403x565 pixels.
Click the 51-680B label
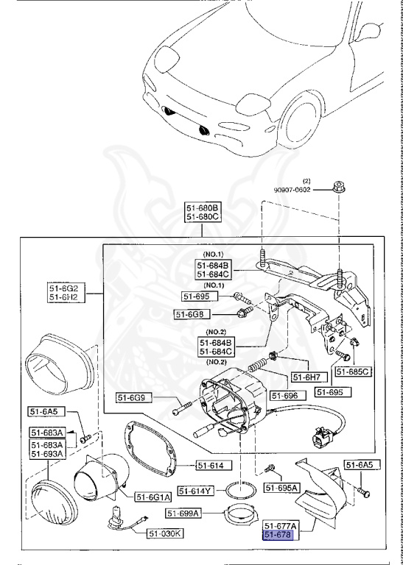tap(202, 208)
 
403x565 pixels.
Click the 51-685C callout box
tap(353, 372)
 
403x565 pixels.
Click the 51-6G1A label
tap(153, 496)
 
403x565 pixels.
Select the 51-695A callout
tap(282, 488)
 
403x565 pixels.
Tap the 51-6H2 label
tap(65, 297)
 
